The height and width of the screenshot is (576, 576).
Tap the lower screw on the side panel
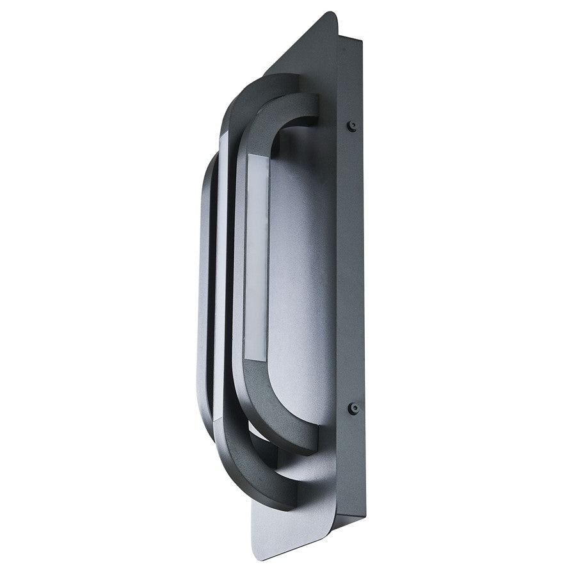pyautogui.click(x=351, y=407)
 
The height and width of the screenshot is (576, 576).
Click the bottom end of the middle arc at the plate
pyautogui.click(x=287, y=497)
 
